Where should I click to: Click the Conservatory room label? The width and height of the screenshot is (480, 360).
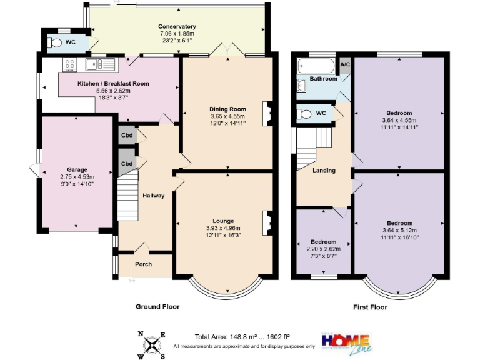pos(177,27)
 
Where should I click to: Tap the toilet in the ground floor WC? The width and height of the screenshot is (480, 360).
pos(56,43)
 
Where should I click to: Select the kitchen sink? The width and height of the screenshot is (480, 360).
pos(99,64)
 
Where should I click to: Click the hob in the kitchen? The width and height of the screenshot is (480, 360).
pos(69,64)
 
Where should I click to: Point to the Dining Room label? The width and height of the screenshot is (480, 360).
pos(227,109)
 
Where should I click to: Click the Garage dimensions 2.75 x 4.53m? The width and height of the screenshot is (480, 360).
pos(77,176)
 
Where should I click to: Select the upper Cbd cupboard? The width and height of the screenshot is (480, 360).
pos(127,136)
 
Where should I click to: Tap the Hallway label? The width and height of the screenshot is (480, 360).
pos(153,196)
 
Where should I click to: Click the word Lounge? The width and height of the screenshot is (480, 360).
pos(223,221)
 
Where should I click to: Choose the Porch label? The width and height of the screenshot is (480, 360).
pos(145,263)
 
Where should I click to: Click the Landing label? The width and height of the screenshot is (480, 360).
pos(324,170)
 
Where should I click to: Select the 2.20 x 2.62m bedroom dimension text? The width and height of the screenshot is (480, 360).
pos(324,249)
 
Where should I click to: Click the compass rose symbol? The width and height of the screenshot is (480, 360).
pos(151,343)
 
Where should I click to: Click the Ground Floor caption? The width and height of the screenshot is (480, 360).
pos(157,307)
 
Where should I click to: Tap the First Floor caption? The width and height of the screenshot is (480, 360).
pos(369,307)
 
